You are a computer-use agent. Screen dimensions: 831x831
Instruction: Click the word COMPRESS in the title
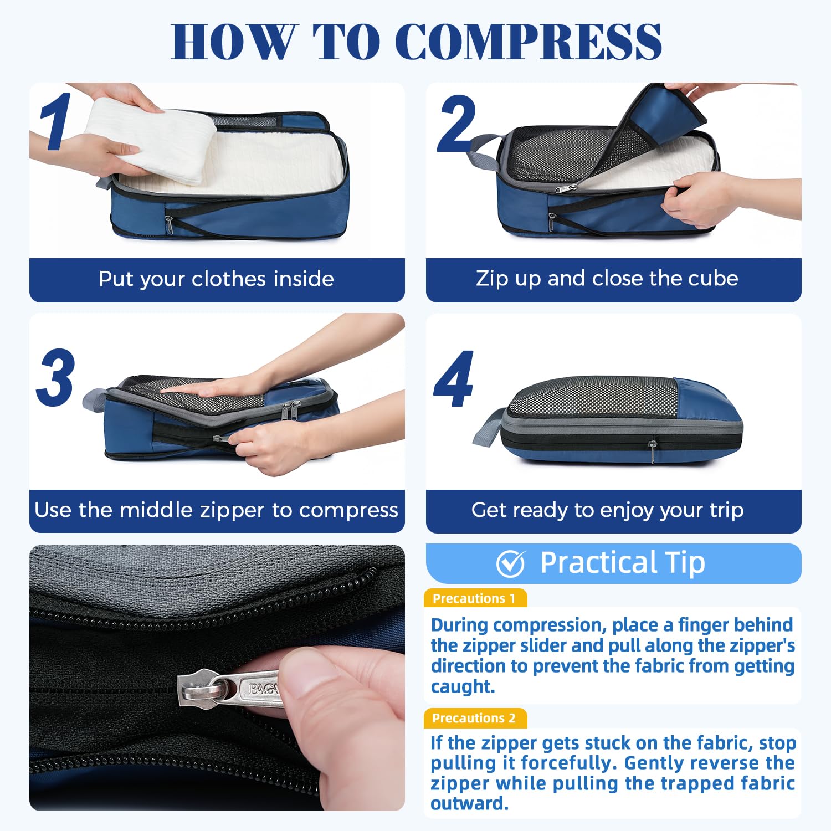click(x=529, y=42)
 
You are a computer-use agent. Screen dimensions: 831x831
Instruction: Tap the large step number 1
click(x=56, y=122)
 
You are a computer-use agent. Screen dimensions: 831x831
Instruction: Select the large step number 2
click(x=456, y=124)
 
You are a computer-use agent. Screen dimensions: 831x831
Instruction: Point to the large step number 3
click(x=55, y=377)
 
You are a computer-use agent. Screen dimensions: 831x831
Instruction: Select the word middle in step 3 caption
click(x=154, y=510)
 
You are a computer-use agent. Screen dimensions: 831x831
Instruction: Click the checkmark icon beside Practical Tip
click(x=510, y=563)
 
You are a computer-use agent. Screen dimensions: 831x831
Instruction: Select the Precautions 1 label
click(x=474, y=598)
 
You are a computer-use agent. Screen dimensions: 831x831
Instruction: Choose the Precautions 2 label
click(x=474, y=718)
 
